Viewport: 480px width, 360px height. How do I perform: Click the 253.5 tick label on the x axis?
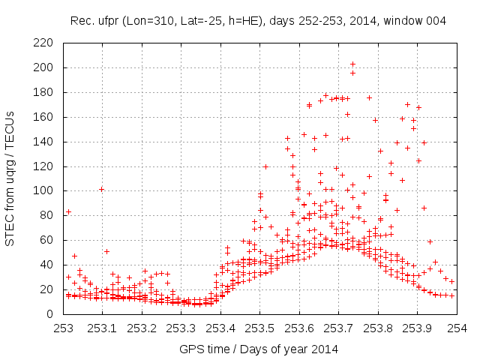click(x=260, y=328)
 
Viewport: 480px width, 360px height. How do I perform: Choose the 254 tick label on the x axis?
click(x=457, y=328)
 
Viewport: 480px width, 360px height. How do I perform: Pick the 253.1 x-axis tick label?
click(x=103, y=328)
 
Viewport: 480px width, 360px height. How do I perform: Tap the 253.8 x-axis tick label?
click(x=378, y=328)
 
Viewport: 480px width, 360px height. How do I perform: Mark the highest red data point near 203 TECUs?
click(x=352, y=64)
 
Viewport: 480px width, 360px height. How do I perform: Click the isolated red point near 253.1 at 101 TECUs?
click(x=101, y=189)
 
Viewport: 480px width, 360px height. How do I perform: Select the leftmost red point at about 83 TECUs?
click(x=68, y=211)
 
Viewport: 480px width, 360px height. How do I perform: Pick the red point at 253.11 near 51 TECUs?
click(x=106, y=251)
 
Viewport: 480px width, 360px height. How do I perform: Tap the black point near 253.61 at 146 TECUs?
click(x=304, y=134)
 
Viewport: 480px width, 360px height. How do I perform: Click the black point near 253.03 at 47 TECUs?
click(x=74, y=256)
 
